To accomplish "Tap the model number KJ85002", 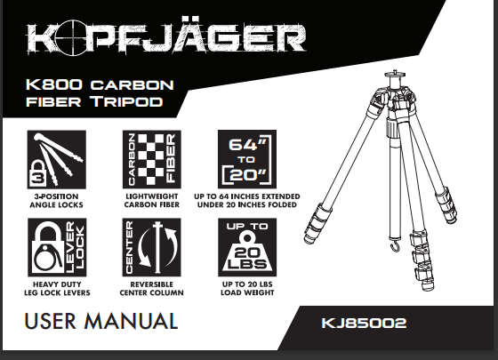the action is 364,324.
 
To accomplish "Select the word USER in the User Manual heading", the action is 51,321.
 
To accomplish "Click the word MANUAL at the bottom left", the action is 131,321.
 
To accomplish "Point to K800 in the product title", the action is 54,84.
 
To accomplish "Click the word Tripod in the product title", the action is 126,101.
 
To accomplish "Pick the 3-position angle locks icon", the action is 57,159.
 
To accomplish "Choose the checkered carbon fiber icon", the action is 152,159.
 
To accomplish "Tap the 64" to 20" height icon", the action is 247,159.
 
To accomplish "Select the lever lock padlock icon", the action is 57,247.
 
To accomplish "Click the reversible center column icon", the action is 152,247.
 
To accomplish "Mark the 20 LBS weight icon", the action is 247,247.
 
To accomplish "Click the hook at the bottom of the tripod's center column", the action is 395,245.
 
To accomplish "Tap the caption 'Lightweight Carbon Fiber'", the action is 152,201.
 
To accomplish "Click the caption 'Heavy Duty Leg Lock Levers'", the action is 57,289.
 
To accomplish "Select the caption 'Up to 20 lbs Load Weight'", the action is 247,289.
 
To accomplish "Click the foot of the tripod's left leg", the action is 309,237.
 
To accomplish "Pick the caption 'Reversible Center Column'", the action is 152,289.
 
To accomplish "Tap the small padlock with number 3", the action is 37,174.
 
